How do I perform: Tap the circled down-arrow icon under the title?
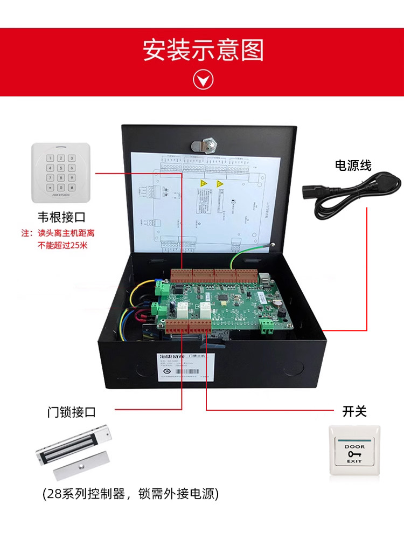point(203,80)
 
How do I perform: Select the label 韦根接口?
point(61,217)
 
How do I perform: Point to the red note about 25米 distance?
point(61,239)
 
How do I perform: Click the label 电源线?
point(353,165)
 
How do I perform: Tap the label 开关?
point(354,412)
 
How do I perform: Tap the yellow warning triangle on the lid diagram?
point(204,184)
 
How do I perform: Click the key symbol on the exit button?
point(354,454)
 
